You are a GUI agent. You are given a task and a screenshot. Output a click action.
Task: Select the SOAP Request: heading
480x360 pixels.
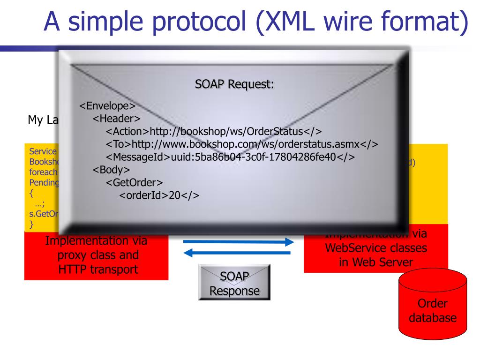pos(234,85)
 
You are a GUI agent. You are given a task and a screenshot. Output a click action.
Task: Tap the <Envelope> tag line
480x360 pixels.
pos(107,106)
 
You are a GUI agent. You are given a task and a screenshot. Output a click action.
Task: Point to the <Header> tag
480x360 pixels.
pos(117,119)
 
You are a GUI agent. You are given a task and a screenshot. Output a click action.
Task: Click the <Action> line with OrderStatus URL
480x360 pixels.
pos(213,131)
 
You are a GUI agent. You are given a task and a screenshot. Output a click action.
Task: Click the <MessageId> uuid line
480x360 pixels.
pos(230,157)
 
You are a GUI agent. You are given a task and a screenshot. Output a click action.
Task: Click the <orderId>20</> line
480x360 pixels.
pos(159,195)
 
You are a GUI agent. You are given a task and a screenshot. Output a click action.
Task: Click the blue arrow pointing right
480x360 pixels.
pos(237,242)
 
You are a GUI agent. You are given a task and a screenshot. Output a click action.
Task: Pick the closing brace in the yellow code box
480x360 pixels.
pos(32,224)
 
